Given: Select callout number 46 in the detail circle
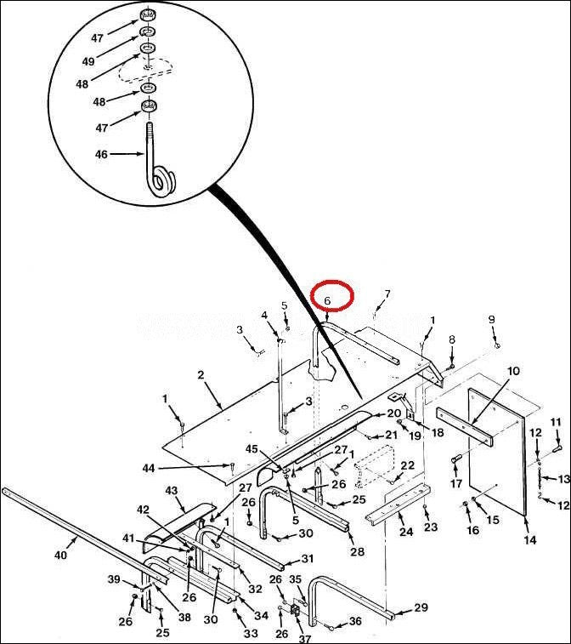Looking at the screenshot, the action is point(101,155).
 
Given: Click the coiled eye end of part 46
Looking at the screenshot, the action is point(161,181).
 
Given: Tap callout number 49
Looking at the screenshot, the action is point(88,61).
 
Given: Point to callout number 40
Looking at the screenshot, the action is point(60,556).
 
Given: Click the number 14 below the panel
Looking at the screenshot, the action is point(530,539).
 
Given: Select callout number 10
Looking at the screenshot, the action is point(513,371).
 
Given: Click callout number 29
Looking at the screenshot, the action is point(421,607).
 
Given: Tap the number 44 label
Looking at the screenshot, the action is point(149,468).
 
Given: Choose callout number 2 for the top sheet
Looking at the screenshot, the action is point(201,375).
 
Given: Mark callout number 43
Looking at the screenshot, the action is point(171,490).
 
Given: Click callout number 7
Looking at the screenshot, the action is point(387,294).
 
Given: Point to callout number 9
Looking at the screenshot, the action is point(491,319).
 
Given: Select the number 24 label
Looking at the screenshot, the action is point(406,532).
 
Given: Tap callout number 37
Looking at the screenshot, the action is point(305,639).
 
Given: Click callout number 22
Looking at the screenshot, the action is point(407,465).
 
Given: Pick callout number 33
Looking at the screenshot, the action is point(251,634).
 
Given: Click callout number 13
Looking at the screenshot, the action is point(563,479).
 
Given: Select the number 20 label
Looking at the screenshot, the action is point(393,413).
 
